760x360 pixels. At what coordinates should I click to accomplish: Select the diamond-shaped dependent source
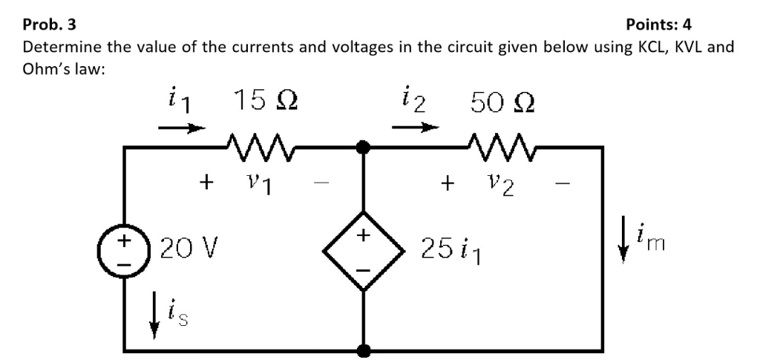coord(363,251)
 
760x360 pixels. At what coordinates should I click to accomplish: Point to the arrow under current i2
coord(412,128)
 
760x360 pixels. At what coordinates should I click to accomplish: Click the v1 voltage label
coord(258,182)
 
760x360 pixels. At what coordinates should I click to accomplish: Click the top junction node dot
coord(363,148)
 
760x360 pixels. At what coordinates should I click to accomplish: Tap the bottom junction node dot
coord(363,349)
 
